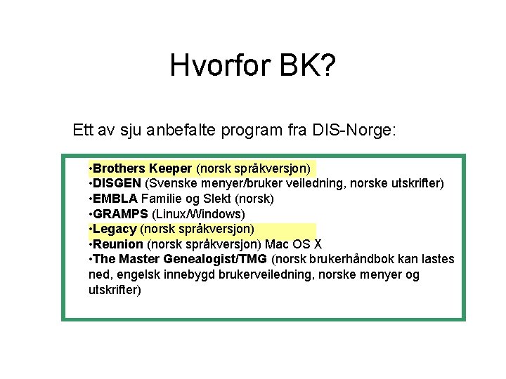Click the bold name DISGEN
click(x=117, y=183)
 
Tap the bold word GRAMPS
click(x=119, y=214)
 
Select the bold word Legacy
click(x=115, y=229)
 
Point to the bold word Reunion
click(x=118, y=244)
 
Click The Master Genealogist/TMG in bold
click(x=180, y=260)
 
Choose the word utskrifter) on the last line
click(x=115, y=290)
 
